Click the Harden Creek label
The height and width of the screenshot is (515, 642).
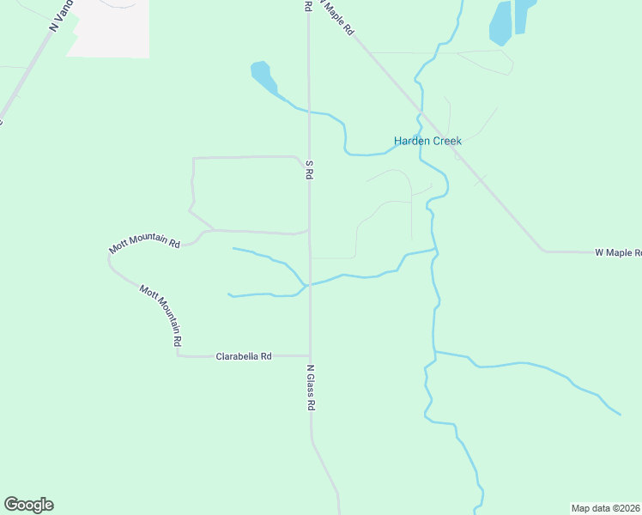(427, 141)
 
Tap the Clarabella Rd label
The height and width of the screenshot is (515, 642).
(244, 355)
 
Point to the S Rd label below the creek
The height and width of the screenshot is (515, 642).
(310, 168)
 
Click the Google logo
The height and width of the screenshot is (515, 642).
(28, 505)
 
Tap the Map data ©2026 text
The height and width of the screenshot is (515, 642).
(606, 507)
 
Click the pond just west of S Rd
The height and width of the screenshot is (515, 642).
(263, 76)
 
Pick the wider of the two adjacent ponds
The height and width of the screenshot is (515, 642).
(500, 22)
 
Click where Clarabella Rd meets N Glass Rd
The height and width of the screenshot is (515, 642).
(310, 355)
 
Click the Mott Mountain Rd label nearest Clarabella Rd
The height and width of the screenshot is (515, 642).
(161, 316)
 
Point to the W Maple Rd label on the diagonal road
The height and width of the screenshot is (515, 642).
(337, 16)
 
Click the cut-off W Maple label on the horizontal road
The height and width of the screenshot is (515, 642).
(618, 252)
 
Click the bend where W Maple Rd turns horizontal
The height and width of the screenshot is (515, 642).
(543, 251)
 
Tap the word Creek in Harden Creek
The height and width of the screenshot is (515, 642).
(445, 141)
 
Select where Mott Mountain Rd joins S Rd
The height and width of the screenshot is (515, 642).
(309, 231)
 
